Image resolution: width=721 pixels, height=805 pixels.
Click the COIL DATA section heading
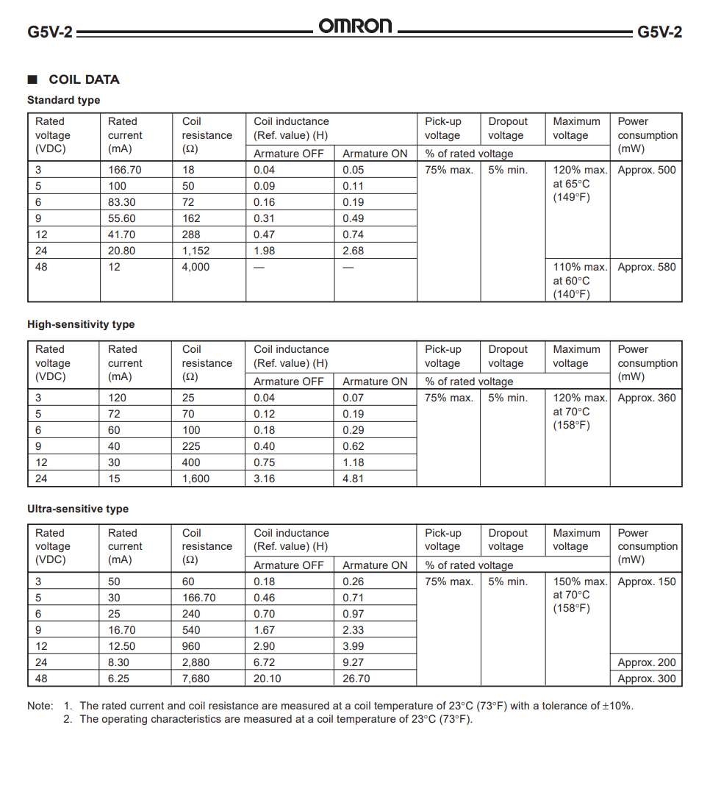click(84, 79)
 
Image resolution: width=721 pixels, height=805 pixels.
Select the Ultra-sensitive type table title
click(78, 509)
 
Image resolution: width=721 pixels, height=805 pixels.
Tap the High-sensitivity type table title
click(81, 324)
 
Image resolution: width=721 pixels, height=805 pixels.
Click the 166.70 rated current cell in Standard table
click(125, 170)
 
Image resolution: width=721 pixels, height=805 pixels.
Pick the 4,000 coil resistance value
click(196, 267)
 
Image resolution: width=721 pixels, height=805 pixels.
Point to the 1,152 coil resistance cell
click(196, 251)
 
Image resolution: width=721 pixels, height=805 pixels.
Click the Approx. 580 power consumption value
click(646, 267)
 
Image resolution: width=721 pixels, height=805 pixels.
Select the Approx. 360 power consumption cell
click(646, 398)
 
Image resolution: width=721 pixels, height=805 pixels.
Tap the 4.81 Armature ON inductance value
click(353, 479)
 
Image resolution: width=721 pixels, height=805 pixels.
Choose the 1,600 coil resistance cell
click(196, 479)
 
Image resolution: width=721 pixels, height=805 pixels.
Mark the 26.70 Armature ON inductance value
click(356, 679)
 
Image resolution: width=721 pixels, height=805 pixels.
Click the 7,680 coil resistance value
click(196, 679)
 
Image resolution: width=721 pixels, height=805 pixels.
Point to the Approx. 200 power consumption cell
click(646, 662)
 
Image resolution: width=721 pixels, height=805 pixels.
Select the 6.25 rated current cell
click(119, 679)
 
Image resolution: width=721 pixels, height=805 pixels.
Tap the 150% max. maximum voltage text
click(580, 582)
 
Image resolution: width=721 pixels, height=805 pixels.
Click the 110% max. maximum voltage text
click(580, 267)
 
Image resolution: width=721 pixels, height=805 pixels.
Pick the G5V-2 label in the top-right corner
click(659, 32)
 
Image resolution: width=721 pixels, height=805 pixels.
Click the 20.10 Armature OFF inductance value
click(268, 679)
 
